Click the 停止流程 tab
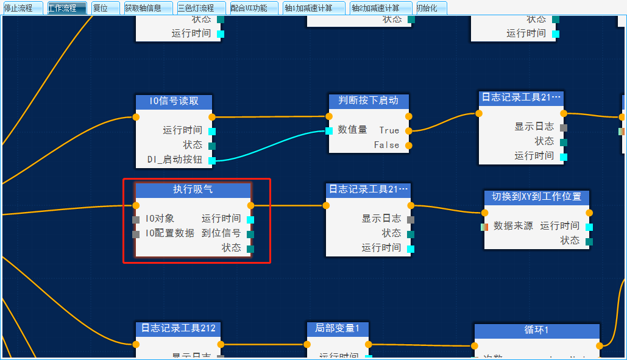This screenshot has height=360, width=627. [x=23, y=8]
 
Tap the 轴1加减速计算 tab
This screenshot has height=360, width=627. [x=314, y=8]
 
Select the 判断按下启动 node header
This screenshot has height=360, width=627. [x=369, y=101]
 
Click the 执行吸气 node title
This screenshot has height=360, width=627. [x=193, y=190]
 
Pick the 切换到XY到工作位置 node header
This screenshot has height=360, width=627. [x=537, y=197]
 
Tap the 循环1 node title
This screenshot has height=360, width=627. [x=536, y=330]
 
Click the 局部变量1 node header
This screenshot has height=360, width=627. [x=337, y=329]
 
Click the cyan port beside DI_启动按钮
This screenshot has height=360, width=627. [x=212, y=161]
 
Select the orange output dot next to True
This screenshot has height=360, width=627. [x=408, y=130]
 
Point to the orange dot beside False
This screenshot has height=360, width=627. [x=408, y=145]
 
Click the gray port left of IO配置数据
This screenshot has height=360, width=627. [x=136, y=234]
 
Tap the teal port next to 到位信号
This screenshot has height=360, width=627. [x=250, y=234]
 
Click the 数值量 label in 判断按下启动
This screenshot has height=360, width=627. [x=352, y=130]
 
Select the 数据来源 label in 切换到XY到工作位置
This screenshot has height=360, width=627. [x=513, y=226]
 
